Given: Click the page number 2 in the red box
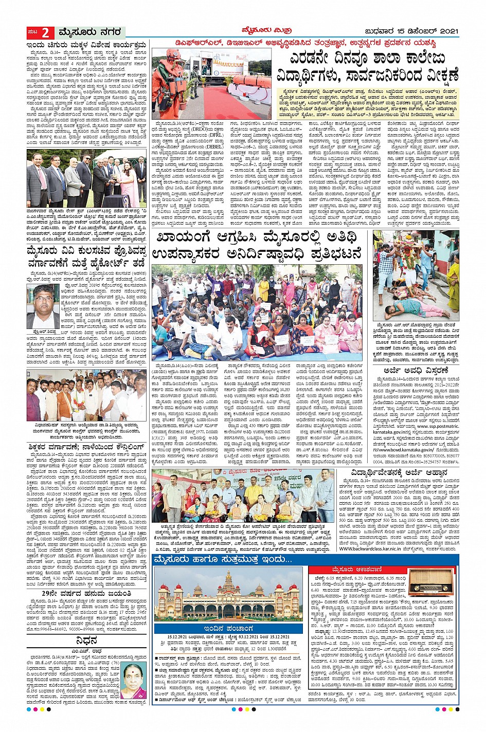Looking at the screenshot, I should pyautogui.click(x=45, y=33).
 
